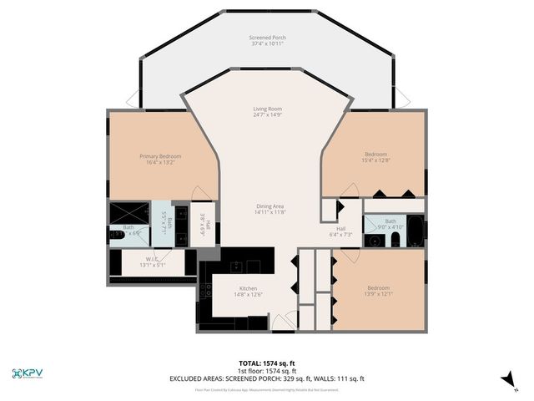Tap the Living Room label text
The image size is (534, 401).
tap(267, 112)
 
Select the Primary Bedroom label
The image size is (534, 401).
tap(159, 160)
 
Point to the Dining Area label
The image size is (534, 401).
tap(270, 209)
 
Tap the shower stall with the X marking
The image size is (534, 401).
tap(128, 212)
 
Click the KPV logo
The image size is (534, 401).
tap(28, 373)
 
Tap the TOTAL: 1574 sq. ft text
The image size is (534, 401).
tap(267, 363)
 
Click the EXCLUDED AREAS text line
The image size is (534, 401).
tap(267, 378)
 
